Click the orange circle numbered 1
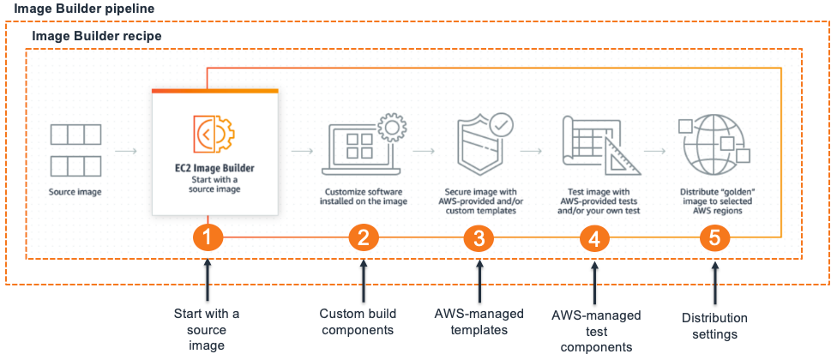pyautogui.click(x=208, y=238)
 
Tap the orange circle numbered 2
pyautogui.click(x=364, y=238)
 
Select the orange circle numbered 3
pyautogui.click(x=479, y=238)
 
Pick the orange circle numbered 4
pyautogui.click(x=594, y=238)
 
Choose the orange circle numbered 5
pyautogui.click(x=714, y=238)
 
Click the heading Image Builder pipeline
pyautogui.click(x=77, y=9)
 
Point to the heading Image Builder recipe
pyautogui.click(x=97, y=36)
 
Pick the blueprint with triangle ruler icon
pyautogui.click(x=601, y=145)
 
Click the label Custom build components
pyautogui.click(x=356, y=321)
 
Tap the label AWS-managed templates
pyautogui.click(x=479, y=321)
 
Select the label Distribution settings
pyautogui.click(x=714, y=327)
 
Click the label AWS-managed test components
pyautogui.click(x=596, y=332)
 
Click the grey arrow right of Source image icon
pyautogui.click(x=126, y=151)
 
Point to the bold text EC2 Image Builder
pyautogui.click(x=214, y=168)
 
